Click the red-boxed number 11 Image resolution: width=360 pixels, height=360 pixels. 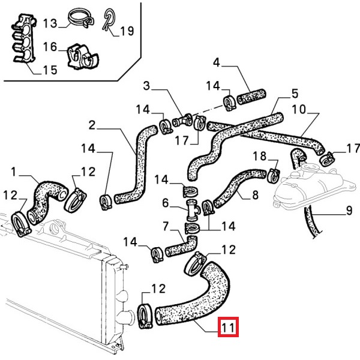click(x=229, y=328)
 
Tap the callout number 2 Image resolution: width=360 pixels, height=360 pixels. click(x=92, y=125)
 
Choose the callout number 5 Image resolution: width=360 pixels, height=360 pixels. click(x=295, y=94)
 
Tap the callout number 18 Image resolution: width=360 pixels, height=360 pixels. click(x=259, y=157)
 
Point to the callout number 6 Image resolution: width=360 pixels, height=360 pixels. click(x=166, y=203)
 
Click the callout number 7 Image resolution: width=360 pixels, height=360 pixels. click(x=166, y=226)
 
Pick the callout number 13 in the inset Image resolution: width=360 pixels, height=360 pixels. click(x=49, y=23)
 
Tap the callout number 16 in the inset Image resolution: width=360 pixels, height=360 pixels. click(x=49, y=46)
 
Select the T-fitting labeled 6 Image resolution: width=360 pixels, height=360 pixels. click(x=193, y=211)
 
